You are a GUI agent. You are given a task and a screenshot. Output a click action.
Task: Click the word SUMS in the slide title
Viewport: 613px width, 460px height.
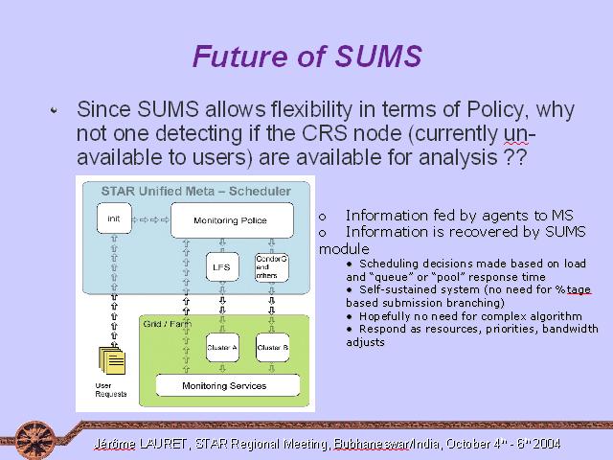coord(378,56)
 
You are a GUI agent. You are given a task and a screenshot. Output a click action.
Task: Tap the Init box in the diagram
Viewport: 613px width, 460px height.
coord(114,218)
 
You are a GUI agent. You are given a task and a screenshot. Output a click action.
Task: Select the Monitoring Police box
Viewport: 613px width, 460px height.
coord(232,220)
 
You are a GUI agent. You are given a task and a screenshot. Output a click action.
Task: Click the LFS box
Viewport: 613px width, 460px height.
coord(222,267)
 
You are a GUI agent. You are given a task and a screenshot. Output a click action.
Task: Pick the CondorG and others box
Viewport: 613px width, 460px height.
coord(272,267)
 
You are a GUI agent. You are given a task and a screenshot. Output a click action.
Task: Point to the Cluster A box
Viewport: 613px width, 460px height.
coord(222,347)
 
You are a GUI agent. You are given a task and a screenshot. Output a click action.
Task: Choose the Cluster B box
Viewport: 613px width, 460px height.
coord(272,347)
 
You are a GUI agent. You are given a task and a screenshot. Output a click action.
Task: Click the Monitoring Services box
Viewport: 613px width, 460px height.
coord(228,385)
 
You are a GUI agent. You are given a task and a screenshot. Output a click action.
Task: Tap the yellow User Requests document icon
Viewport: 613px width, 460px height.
coord(112,360)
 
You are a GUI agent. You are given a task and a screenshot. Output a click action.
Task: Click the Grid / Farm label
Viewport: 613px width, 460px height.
coord(168,324)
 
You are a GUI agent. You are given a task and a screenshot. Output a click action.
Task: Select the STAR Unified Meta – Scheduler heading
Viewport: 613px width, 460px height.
coord(195,192)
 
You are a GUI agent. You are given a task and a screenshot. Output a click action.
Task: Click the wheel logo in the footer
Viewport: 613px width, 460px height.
coord(34,440)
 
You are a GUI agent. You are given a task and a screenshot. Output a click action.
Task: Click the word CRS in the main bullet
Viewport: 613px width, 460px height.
coord(325,133)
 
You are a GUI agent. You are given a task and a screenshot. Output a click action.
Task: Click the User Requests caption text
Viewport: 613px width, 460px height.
coord(111,390)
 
